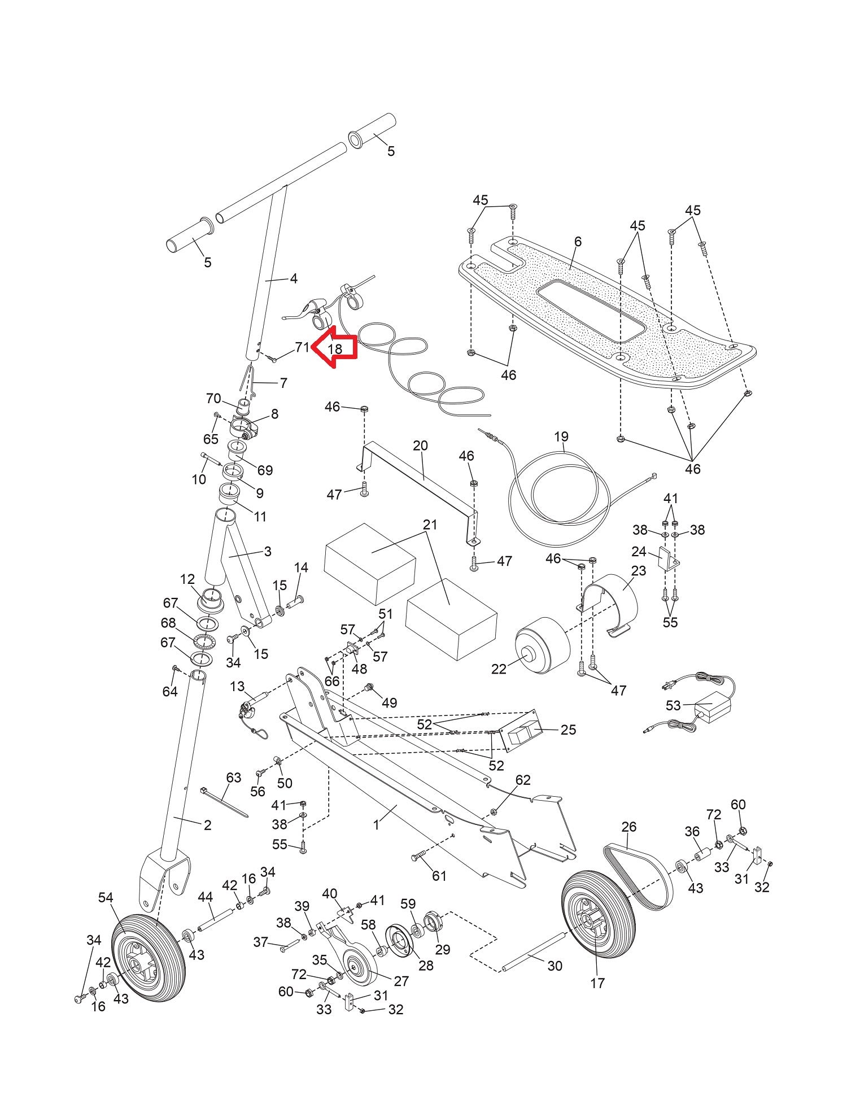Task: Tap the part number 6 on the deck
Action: [x=577, y=241]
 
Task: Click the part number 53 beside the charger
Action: [x=674, y=705]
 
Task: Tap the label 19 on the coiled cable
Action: [x=561, y=436]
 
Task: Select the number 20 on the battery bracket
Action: [x=420, y=446]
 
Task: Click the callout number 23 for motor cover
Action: [x=638, y=571]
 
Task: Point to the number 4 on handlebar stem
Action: [x=293, y=278]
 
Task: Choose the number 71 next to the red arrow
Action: [x=302, y=347]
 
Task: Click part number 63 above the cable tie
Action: [x=233, y=777]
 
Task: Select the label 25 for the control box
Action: [x=568, y=730]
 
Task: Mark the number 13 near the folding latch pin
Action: [x=237, y=686]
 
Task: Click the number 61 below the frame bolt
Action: [x=439, y=876]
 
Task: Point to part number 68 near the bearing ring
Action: [x=168, y=623]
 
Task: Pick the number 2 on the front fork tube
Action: [x=207, y=825]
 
